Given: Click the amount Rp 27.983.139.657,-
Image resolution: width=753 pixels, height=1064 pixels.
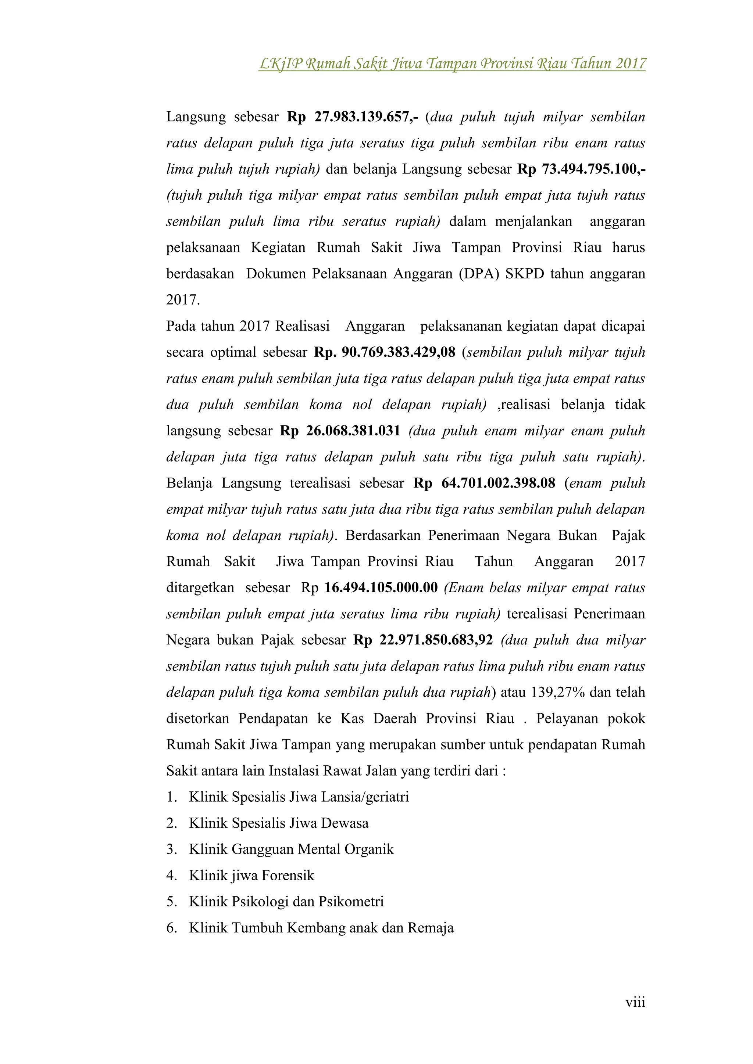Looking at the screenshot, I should [x=352, y=116].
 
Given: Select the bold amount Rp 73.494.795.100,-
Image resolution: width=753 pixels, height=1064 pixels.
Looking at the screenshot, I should [x=581, y=169].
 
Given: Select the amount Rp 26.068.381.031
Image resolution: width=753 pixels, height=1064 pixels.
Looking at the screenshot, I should [x=340, y=431].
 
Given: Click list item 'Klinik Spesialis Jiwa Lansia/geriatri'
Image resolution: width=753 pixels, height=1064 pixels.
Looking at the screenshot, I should [x=299, y=797].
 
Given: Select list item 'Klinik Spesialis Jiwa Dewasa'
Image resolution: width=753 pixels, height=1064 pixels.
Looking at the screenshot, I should [x=279, y=823].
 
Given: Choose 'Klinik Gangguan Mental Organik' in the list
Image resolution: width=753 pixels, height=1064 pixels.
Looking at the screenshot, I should [x=291, y=849].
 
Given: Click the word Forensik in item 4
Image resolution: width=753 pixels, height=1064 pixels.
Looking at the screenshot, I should [x=288, y=876].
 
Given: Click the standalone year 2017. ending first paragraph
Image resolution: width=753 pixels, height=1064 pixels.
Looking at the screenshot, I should [x=183, y=300].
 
